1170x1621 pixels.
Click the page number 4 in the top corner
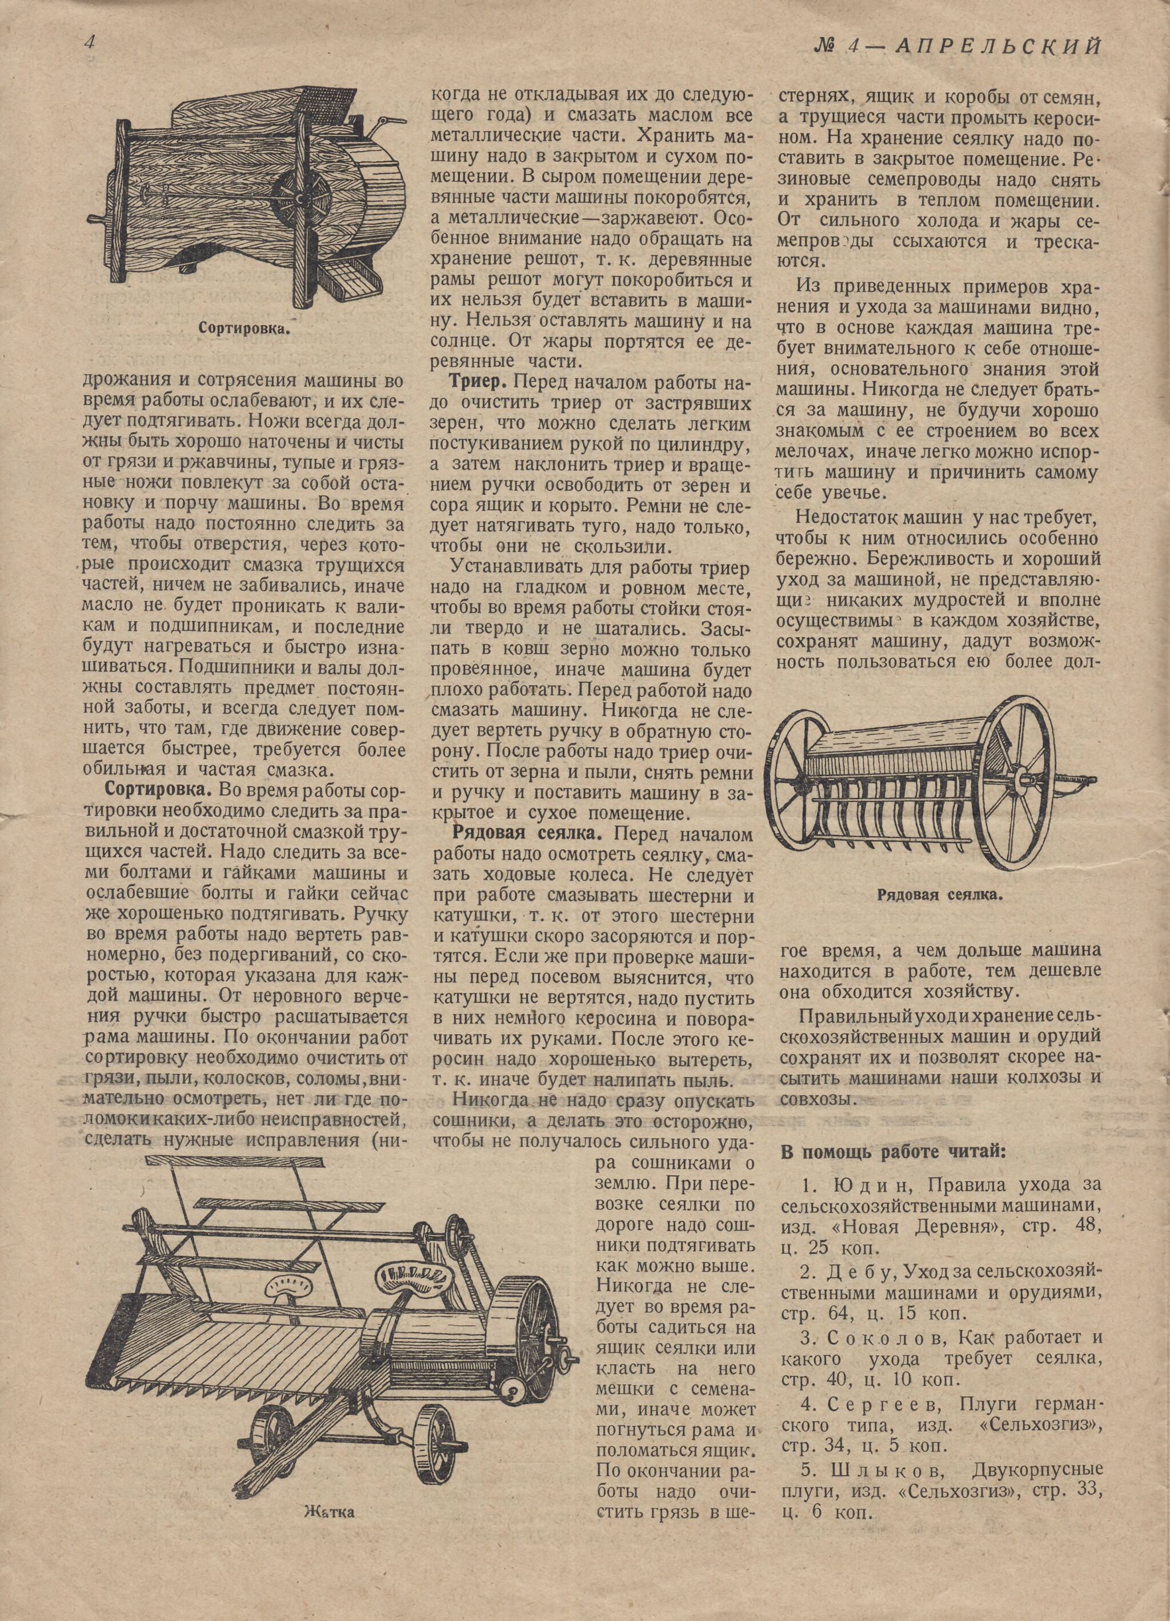(x=90, y=43)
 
